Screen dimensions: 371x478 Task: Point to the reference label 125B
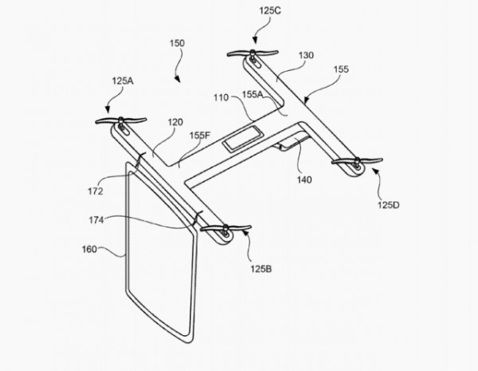coord(261,269)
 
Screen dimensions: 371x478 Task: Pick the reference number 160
coord(90,249)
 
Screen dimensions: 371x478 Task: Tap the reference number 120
coord(176,122)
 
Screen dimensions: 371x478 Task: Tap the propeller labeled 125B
coord(225,228)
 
